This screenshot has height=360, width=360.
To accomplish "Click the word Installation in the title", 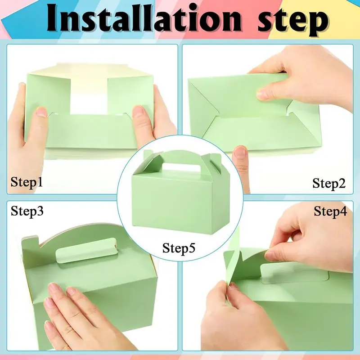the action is coord(144,18).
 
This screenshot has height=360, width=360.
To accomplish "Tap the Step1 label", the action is coord(27,183).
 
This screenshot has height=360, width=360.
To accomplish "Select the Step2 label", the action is coord(329,184).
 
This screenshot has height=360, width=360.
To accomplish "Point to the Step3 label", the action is coord(27,211).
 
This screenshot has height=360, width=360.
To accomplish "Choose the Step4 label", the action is coord(330,211).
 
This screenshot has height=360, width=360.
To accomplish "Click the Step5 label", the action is coord(179,248).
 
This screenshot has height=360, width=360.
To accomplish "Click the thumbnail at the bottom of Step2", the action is coord(239,152).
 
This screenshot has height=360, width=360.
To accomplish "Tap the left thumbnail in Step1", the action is coord(42,112).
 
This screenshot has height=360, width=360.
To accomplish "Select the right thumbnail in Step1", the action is coord(139,111).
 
